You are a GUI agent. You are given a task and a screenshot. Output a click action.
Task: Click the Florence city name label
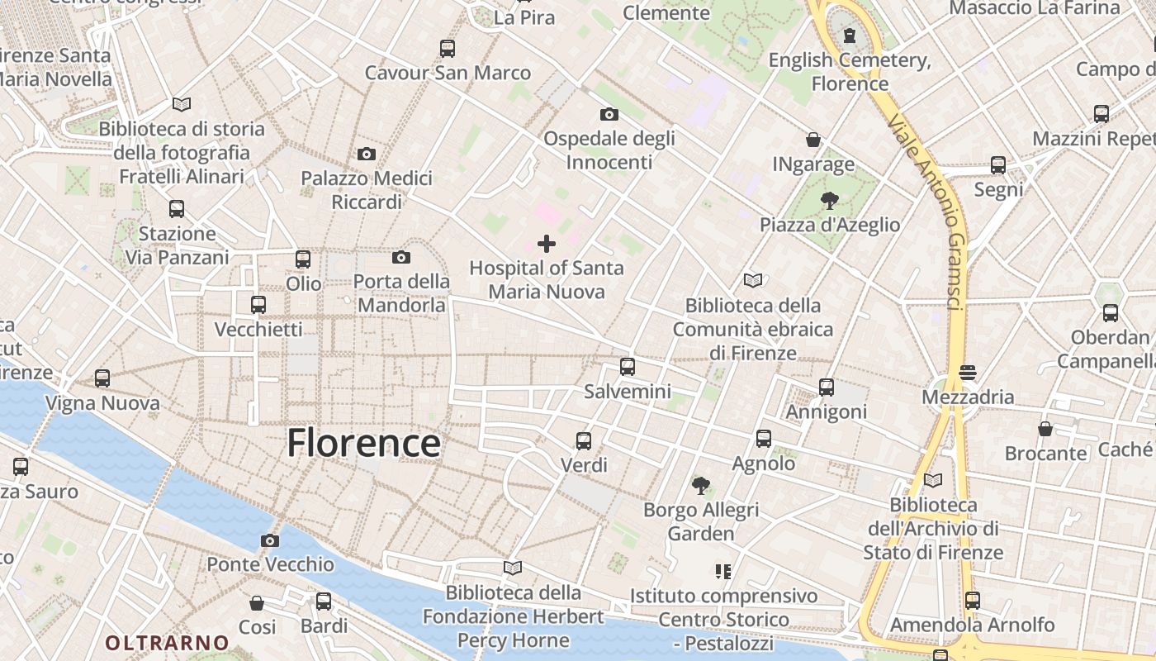[363, 444]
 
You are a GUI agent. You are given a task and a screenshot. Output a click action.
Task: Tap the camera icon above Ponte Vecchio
[269, 541]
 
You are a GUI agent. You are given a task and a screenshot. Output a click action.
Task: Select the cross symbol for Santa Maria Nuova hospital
[547, 244]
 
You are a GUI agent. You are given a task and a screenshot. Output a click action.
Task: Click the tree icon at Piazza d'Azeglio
[829, 200]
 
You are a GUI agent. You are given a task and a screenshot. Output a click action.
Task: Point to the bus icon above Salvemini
[628, 366]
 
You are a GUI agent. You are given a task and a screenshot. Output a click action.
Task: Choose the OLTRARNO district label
[167, 642]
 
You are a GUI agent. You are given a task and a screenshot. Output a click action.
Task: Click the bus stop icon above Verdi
[584, 440]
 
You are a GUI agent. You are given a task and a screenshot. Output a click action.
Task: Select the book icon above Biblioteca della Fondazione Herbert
[513, 568]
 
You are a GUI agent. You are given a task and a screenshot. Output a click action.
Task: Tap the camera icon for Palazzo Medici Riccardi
[367, 154]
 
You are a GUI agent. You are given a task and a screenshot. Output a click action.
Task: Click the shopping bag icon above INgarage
[813, 140]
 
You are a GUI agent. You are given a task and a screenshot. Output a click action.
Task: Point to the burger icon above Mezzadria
[968, 373]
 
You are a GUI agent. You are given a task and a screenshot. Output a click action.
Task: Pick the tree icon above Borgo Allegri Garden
[701, 485]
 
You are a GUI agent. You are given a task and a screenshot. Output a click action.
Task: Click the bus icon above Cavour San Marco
[448, 48]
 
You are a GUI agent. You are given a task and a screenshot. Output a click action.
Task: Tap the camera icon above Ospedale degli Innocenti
[609, 114]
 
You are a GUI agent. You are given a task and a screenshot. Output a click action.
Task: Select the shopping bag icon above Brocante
[1045, 429]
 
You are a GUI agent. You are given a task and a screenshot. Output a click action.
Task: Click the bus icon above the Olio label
[303, 259]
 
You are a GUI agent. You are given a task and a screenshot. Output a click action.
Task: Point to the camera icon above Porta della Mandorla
[401, 257]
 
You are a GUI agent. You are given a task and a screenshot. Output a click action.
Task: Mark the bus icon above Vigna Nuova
[102, 378]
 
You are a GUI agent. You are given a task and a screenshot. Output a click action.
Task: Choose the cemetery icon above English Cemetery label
[850, 36]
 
